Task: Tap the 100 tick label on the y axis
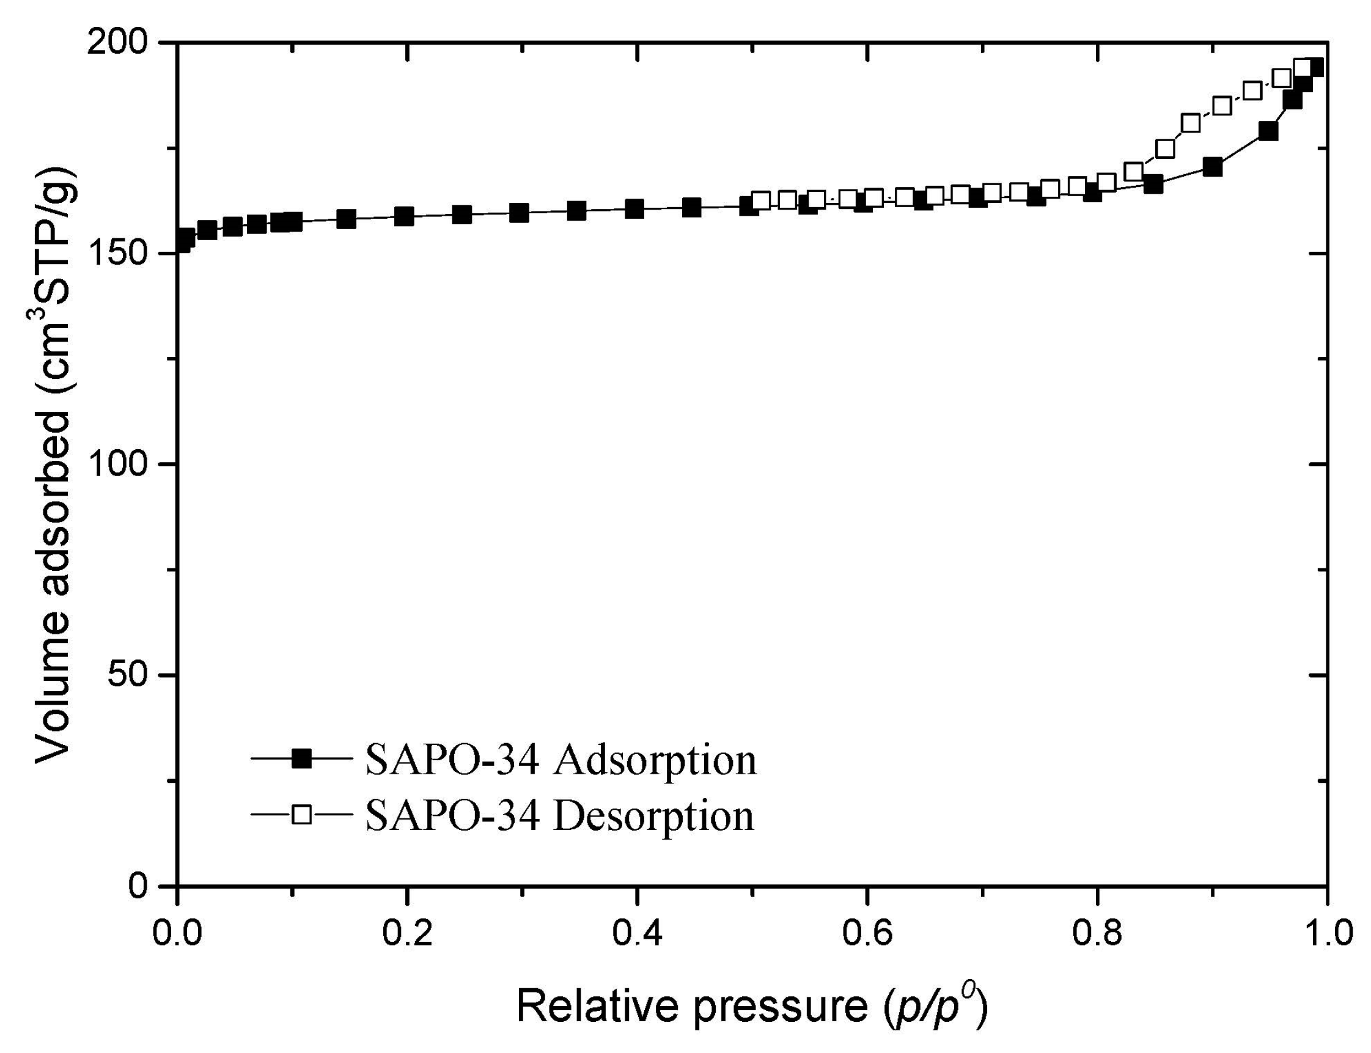(119, 464)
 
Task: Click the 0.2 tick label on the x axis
(407, 933)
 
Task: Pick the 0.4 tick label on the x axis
(636, 933)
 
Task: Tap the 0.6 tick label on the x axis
(866, 933)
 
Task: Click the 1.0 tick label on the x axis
(1326, 933)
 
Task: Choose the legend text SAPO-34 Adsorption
(561, 760)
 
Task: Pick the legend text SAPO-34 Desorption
(560, 815)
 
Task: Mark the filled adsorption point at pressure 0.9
(1213, 167)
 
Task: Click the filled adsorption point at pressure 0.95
(1268, 131)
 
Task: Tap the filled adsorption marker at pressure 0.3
(519, 213)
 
